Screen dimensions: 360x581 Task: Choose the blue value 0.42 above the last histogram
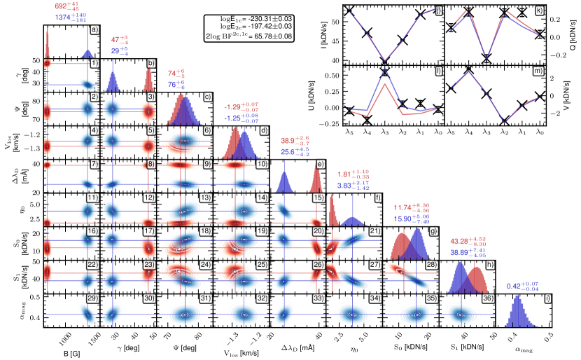tap(517, 286)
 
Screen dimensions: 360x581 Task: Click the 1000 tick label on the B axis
tap(65, 337)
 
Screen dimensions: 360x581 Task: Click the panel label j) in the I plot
tap(437, 12)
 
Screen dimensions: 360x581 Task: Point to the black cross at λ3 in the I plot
tap(384, 60)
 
